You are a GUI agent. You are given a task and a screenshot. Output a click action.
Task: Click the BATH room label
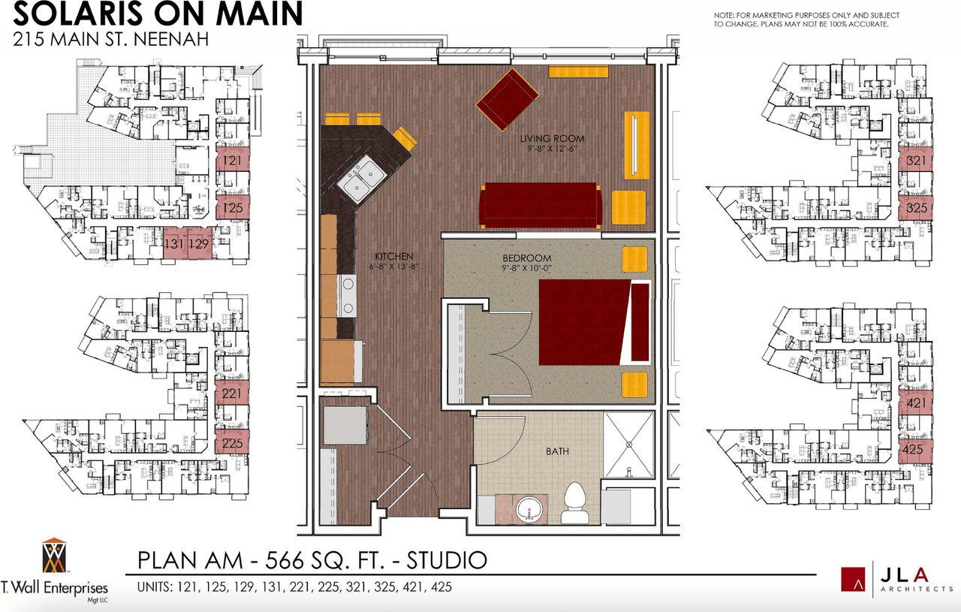pyautogui.click(x=557, y=451)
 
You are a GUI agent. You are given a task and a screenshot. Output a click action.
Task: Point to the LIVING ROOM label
pyautogui.click(x=552, y=139)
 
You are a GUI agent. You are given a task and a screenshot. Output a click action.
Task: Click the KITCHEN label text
pyautogui.click(x=394, y=257)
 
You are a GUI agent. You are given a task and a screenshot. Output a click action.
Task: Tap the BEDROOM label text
pyautogui.click(x=527, y=258)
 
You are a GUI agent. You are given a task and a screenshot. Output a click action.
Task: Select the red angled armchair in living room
pyautogui.click(x=507, y=100)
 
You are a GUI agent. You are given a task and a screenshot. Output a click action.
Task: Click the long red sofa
pyautogui.click(x=541, y=206)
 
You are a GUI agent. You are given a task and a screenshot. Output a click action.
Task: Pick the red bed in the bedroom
pyautogui.click(x=594, y=322)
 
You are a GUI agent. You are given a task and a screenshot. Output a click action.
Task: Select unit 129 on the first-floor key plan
pyautogui.click(x=200, y=243)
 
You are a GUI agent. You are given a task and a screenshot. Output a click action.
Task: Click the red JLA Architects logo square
pyautogui.click(x=853, y=580)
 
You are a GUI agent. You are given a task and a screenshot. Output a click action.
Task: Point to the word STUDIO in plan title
pyautogui.click(x=447, y=560)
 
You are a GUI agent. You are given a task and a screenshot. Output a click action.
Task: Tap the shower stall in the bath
pyautogui.click(x=629, y=445)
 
